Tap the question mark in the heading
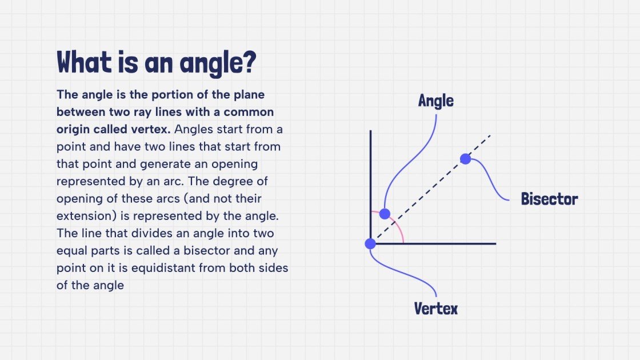tap(247, 62)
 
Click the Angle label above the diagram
tap(435, 101)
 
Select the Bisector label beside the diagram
tap(549, 199)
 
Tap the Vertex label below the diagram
tap(435, 309)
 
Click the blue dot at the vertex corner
tap(370, 243)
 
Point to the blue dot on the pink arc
tap(385, 214)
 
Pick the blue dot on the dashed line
tap(466, 159)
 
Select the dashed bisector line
tap(429, 188)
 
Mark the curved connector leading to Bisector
tap(489, 183)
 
